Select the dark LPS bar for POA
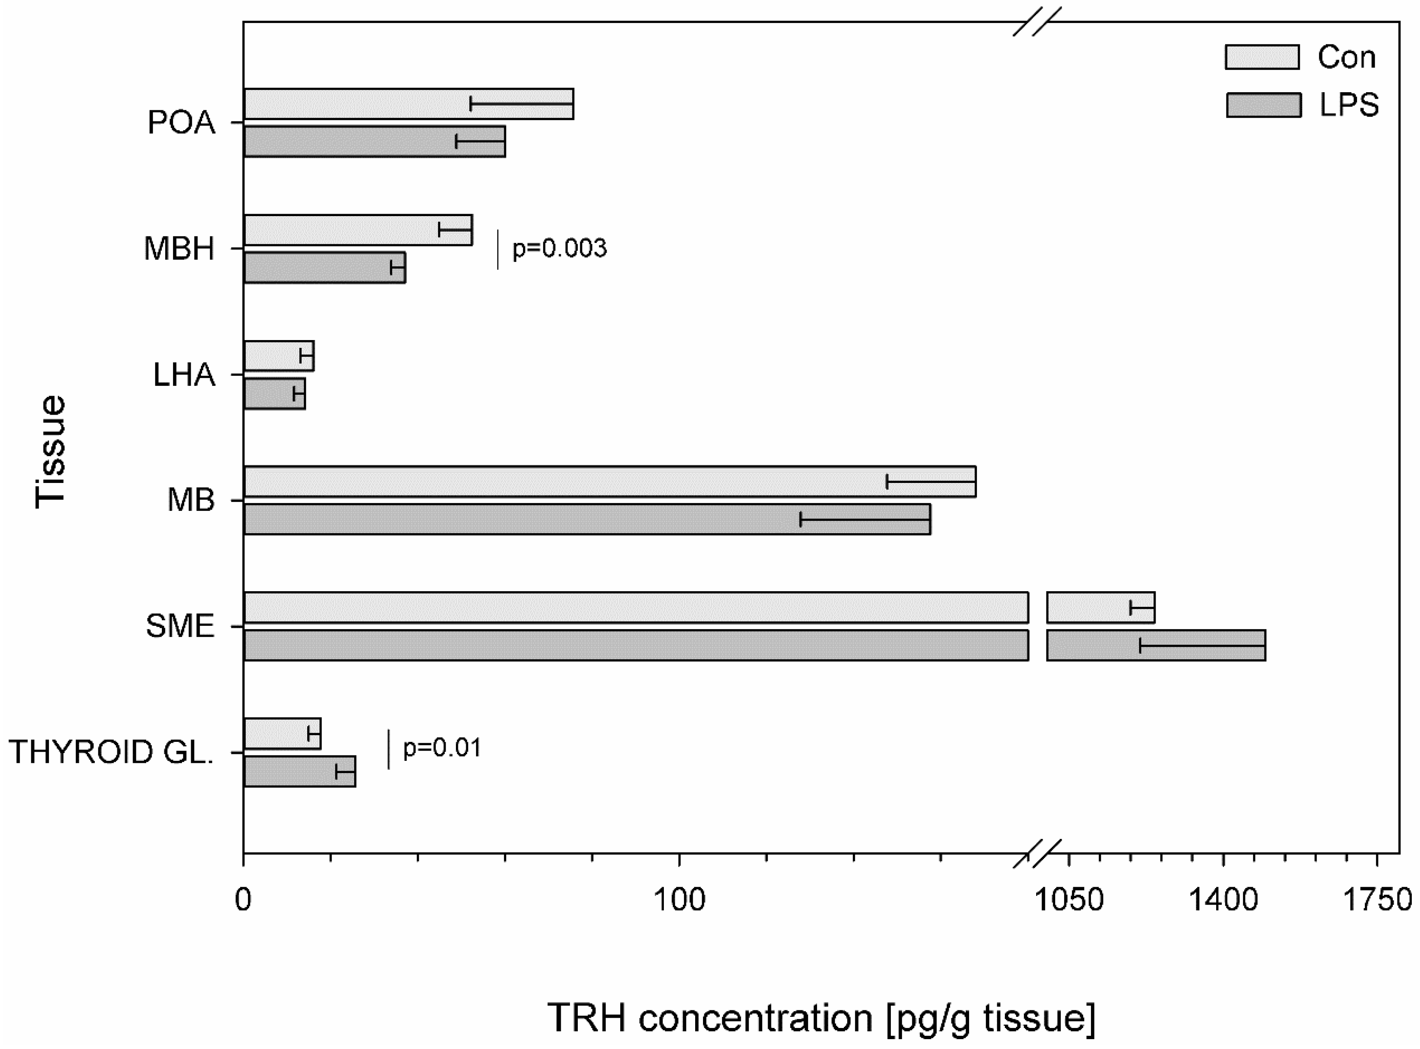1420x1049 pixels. [x=349, y=141]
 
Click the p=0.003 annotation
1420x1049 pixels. [x=559, y=248]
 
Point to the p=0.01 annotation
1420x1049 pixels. [x=442, y=748]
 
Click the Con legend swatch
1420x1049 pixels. [x=1263, y=57]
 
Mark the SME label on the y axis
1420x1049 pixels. [x=180, y=627]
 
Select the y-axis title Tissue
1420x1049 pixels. [x=51, y=452]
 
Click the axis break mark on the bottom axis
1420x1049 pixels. [x=1037, y=853]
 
